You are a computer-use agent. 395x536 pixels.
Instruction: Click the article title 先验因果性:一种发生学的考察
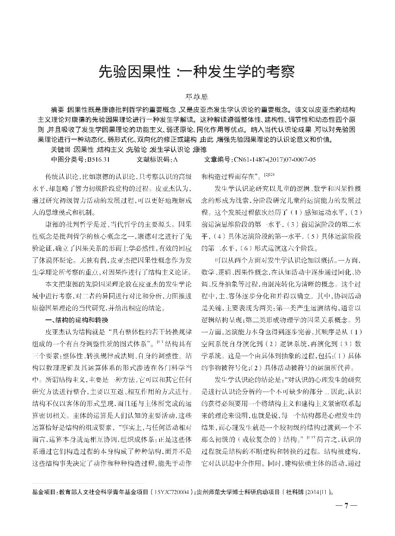point(197,72)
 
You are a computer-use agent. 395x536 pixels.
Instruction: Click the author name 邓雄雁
point(197,97)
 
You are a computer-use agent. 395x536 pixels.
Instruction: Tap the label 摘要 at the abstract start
point(58,110)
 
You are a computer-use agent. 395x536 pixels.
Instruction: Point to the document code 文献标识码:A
point(157,160)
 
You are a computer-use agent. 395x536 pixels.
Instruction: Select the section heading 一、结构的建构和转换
point(77,321)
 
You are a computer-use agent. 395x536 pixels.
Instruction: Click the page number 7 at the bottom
point(346,506)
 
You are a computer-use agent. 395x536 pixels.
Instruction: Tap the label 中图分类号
point(66,160)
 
